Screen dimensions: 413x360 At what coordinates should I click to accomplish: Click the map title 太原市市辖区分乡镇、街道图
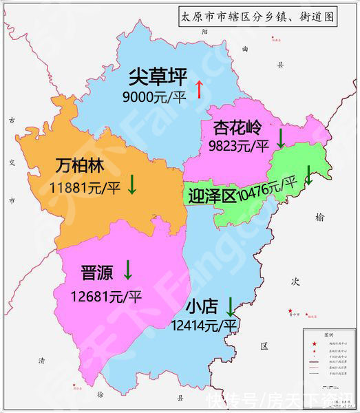pyautogui.click(x=257, y=17)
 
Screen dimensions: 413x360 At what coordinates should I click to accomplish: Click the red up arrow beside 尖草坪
pyautogui.click(x=200, y=89)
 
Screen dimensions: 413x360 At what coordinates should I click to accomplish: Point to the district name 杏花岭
pyautogui.click(x=237, y=128)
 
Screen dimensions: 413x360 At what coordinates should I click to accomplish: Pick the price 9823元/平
pyautogui.click(x=238, y=145)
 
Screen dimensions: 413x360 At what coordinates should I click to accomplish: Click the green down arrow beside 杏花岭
pyautogui.click(x=280, y=138)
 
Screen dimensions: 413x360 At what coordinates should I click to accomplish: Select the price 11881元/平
pyautogui.click(x=85, y=187)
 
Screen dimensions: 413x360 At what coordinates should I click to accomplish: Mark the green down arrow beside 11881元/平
pyautogui.click(x=132, y=183)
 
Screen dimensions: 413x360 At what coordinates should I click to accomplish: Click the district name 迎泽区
pyautogui.click(x=211, y=196)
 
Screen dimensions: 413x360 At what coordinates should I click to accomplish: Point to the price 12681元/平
pyautogui.click(x=106, y=297)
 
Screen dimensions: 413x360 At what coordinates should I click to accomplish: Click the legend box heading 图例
pyautogui.click(x=330, y=334)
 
